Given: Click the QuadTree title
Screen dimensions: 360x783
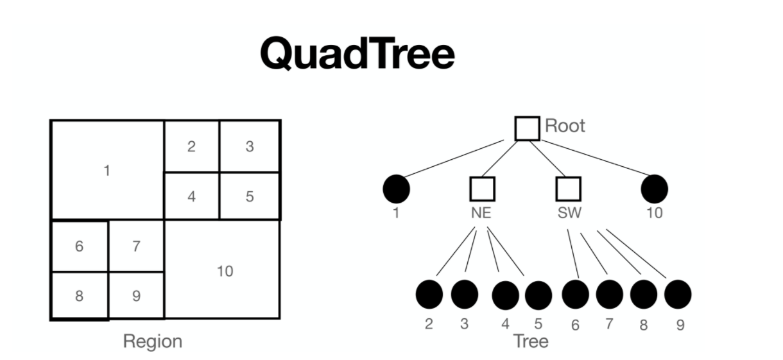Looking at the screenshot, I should [357, 53].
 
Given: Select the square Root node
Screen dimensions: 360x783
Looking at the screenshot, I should [527, 128].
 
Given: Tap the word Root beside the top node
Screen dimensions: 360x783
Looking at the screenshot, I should [565, 125].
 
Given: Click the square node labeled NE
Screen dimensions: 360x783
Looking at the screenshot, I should [482, 189].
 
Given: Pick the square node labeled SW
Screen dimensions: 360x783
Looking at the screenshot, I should [568, 189].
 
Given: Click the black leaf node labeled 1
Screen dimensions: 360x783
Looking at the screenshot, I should [396, 189].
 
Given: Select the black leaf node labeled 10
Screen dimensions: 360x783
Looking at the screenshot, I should [654, 189].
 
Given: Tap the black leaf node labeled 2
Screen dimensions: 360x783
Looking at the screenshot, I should [429, 295].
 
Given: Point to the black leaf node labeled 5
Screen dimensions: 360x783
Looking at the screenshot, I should [538, 295].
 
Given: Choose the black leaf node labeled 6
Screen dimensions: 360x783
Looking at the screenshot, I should [575, 294].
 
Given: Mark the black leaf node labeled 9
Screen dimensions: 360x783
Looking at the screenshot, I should [677, 294].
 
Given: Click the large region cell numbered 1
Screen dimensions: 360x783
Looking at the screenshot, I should [107, 170].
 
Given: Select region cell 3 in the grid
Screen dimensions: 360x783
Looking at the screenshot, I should [250, 146].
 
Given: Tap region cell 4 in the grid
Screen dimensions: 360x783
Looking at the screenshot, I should [191, 196].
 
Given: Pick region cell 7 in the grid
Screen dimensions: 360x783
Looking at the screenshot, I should [136, 246].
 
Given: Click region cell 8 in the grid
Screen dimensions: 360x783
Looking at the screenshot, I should [79, 296].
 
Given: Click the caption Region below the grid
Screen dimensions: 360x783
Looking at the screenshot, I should [153, 341].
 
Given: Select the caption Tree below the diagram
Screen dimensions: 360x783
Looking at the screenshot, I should [531, 341].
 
